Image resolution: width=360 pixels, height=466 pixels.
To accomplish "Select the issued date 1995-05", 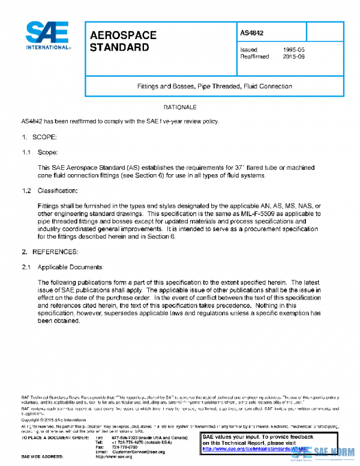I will [x=295, y=49].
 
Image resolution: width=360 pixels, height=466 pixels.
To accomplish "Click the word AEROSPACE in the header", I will [x=123, y=35].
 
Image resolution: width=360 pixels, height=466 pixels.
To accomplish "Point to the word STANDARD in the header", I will [x=119, y=47].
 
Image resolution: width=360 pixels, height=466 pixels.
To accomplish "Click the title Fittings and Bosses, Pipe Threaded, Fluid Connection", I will [x=215, y=86].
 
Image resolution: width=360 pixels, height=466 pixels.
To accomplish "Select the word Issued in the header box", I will [x=248, y=49].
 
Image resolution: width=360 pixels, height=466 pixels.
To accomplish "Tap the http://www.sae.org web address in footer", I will [x=116, y=457].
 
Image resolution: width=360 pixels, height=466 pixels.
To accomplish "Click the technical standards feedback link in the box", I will [x=255, y=449].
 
